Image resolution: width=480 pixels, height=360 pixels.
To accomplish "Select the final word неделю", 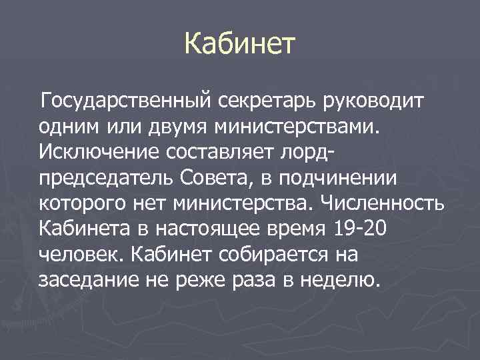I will [343, 279].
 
